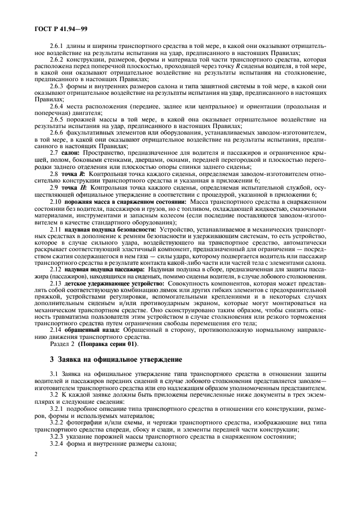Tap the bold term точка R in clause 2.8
click(74, 174)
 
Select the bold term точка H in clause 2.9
click(74, 188)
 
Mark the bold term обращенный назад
click(86, 330)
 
